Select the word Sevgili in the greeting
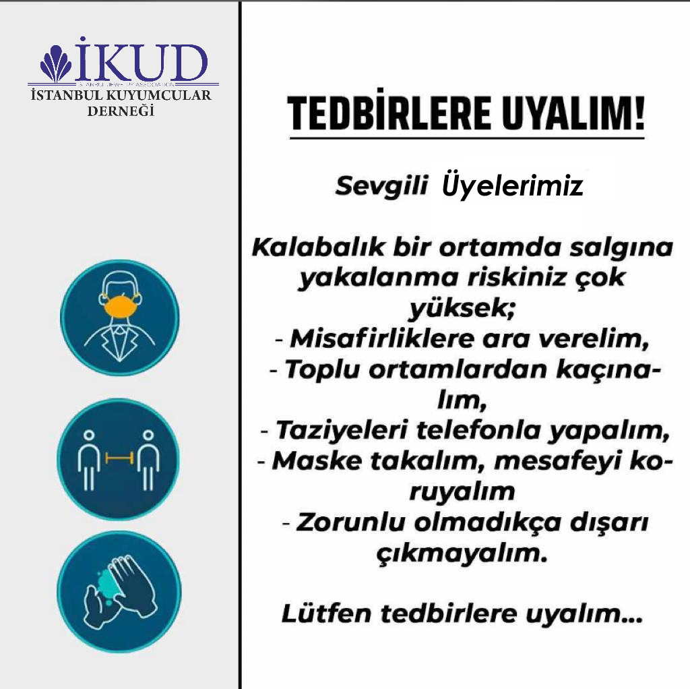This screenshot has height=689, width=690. [x=381, y=186]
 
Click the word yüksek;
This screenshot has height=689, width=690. [x=461, y=308]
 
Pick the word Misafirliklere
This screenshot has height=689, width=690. [x=382, y=339]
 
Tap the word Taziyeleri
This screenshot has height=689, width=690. [x=341, y=431]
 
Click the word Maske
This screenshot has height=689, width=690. [x=317, y=461]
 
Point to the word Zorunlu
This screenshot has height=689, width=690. [x=350, y=522]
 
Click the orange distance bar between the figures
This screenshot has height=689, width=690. [x=119, y=458]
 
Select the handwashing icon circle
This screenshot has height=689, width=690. [x=119, y=591]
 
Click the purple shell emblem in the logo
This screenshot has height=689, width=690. [x=55, y=63]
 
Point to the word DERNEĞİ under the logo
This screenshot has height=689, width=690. [x=121, y=111]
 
